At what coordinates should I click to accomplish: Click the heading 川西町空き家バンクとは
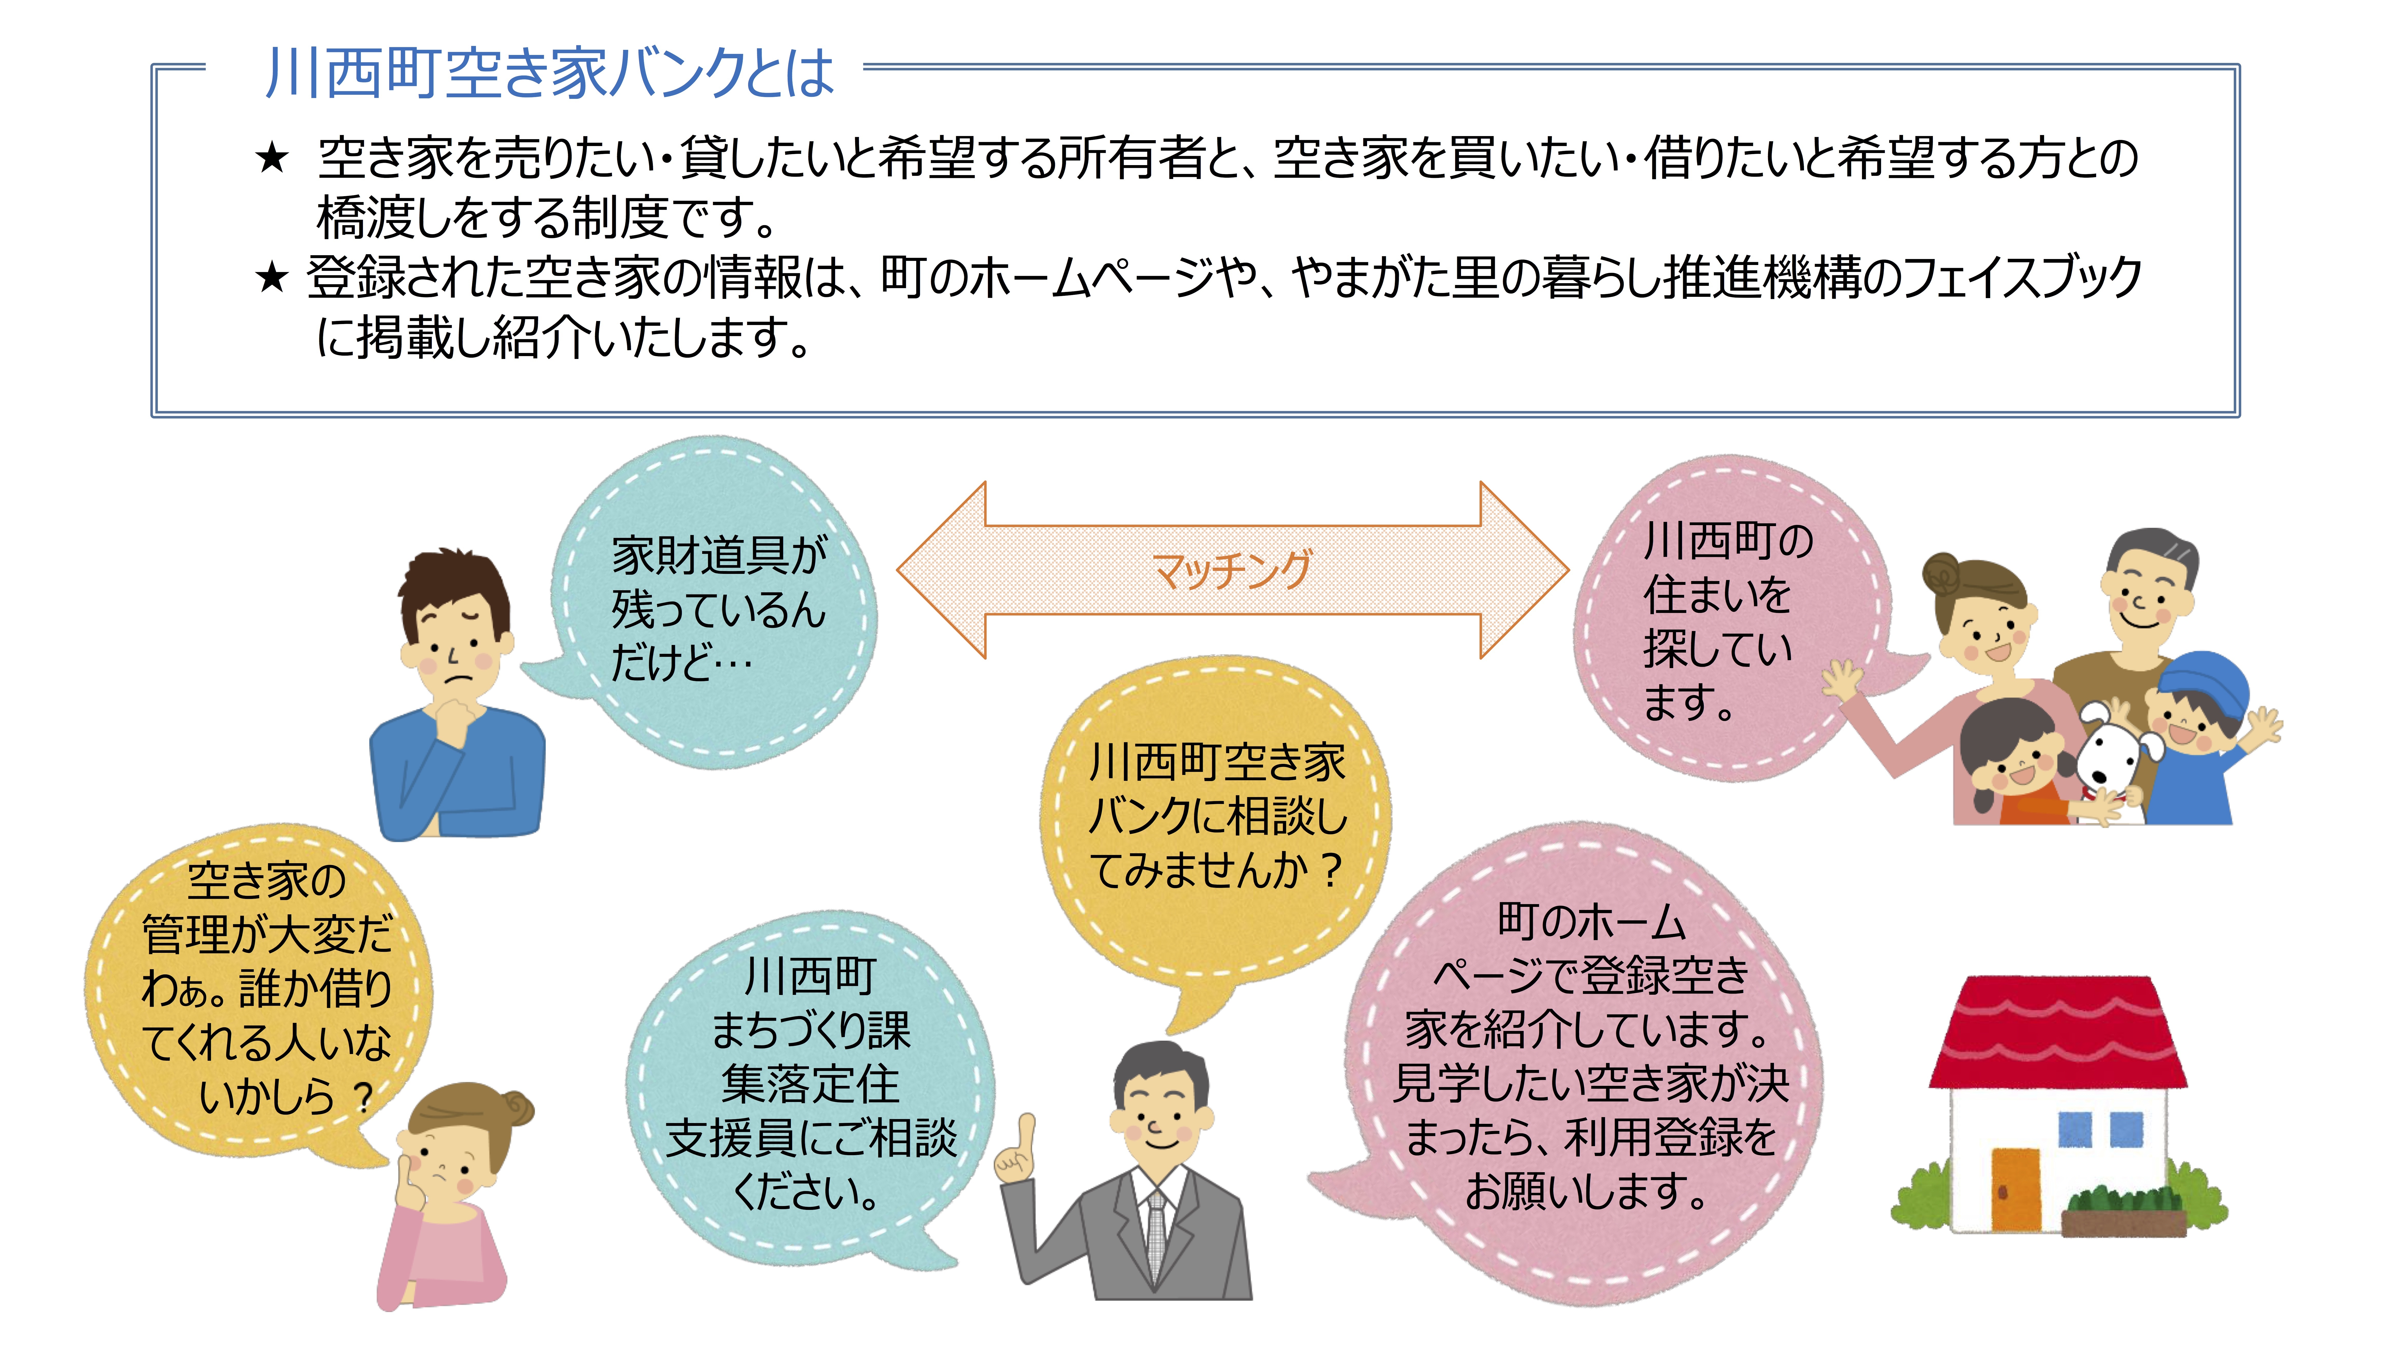click(x=550, y=73)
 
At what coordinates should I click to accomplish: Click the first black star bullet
click(x=273, y=158)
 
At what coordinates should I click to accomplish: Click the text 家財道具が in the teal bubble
click(x=719, y=555)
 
